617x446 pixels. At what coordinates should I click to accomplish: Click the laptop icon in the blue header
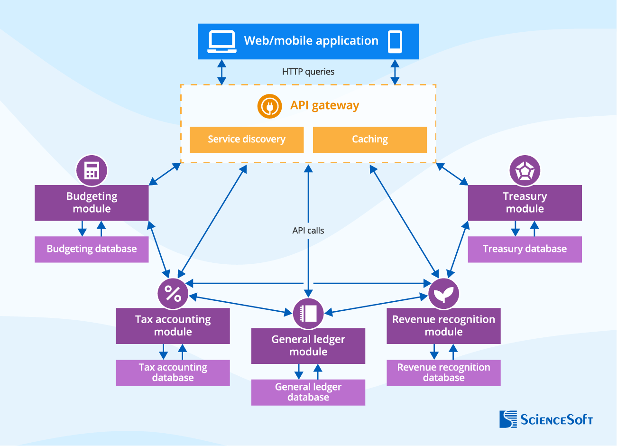point(221,42)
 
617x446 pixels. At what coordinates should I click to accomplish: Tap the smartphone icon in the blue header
point(395,42)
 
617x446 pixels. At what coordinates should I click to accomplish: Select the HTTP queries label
point(308,72)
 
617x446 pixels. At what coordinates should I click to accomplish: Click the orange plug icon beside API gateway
point(269,106)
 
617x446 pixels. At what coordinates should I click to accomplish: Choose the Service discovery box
point(247,139)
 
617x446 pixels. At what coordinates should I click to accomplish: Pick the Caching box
point(370,139)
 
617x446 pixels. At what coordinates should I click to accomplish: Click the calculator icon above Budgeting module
point(92,170)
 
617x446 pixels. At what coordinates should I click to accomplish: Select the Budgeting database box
point(92,249)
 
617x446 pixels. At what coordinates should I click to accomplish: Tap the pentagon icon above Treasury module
point(525,171)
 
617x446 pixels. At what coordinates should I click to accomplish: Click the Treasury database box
point(525,249)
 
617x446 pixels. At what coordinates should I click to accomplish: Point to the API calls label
point(308,231)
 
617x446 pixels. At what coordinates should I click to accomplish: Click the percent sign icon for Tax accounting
point(173,293)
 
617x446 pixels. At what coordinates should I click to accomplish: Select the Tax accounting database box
point(173,372)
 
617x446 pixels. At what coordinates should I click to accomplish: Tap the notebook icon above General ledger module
point(308,313)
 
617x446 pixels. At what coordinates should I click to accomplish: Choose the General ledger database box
point(308,392)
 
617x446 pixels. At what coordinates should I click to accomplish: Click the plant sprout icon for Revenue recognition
point(443,294)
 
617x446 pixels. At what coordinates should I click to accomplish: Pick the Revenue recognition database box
point(443,372)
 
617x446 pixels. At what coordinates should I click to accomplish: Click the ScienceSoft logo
point(546,419)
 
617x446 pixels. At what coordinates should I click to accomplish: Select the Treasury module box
point(525,203)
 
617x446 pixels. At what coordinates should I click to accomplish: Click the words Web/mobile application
point(311,41)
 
